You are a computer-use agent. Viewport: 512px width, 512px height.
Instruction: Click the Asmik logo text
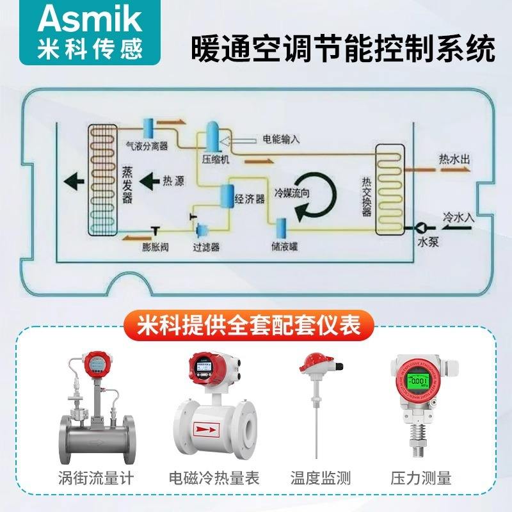click(x=90, y=19)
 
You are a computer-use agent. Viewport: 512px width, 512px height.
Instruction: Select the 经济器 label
click(x=250, y=198)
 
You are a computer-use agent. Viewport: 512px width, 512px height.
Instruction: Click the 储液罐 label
click(x=284, y=246)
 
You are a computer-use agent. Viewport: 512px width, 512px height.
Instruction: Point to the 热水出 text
click(x=455, y=158)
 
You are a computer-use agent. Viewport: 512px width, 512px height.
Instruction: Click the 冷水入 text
click(x=459, y=217)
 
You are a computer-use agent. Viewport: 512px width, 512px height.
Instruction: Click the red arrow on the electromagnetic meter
click(x=209, y=427)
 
